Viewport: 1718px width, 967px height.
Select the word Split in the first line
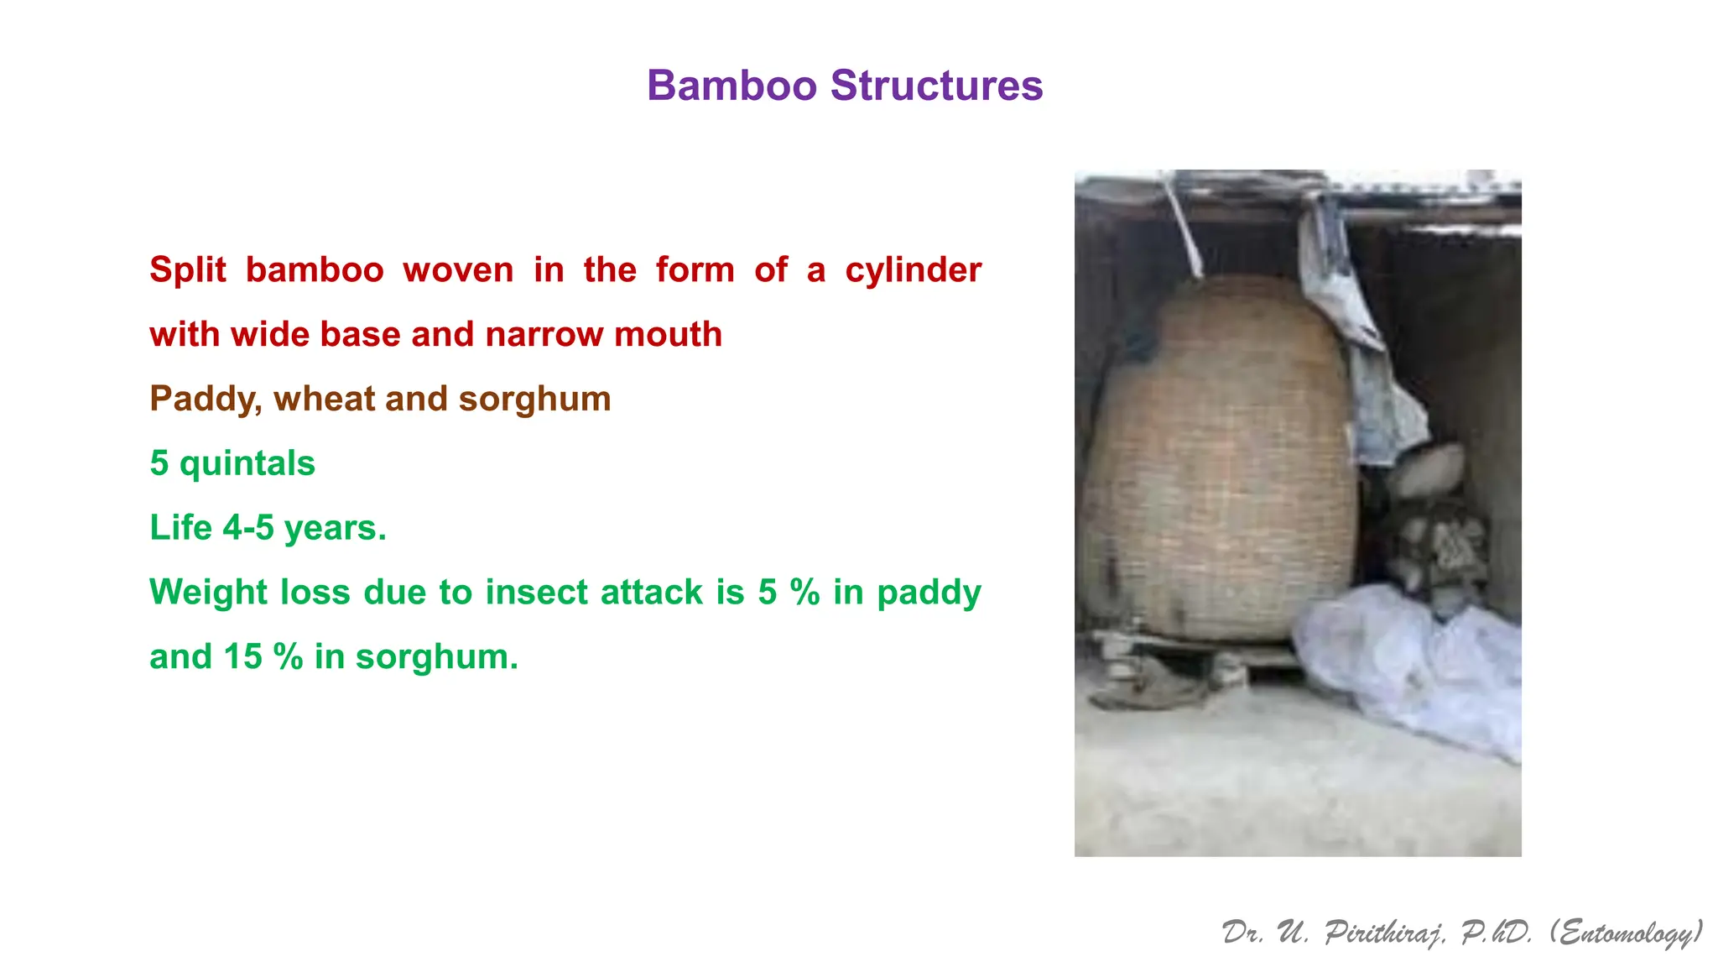tap(188, 270)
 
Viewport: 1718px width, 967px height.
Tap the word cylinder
tap(913, 270)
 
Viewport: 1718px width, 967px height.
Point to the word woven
tap(458, 270)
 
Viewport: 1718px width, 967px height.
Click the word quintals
tap(247, 463)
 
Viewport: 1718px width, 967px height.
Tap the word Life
tap(180, 528)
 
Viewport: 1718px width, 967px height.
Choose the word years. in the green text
tap(335, 528)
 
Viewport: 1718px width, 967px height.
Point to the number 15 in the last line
tap(242, 656)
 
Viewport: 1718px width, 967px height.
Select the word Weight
tap(208, 593)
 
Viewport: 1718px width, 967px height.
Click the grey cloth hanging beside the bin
tap(1363, 353)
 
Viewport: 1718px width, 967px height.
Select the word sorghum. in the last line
tap(436, 656)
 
